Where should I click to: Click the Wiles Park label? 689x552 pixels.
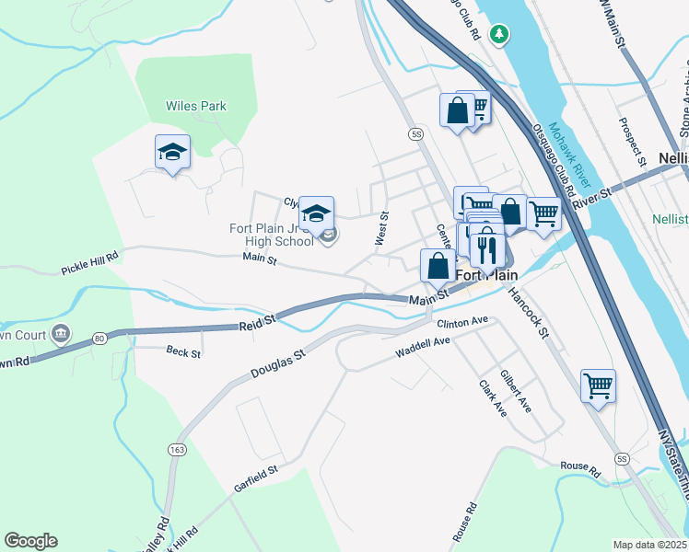click(195, 106)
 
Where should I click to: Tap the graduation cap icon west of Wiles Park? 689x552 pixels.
click(172, 152)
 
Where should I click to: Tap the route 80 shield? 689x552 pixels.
click(99, 339)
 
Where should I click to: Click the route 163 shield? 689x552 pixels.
click(175, 449)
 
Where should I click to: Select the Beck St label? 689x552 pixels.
click(182, 351)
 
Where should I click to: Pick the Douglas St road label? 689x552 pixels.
click(277, 363)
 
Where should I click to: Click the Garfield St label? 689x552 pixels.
click(255, 476)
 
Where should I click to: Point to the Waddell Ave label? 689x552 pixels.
click(422, 347)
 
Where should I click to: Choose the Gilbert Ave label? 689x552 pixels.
click(516, 391)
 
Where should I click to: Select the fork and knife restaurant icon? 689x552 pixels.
click(485, 248)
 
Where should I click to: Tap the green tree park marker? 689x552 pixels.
click(499, 34)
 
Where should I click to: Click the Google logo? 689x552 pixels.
click(30, 541)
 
